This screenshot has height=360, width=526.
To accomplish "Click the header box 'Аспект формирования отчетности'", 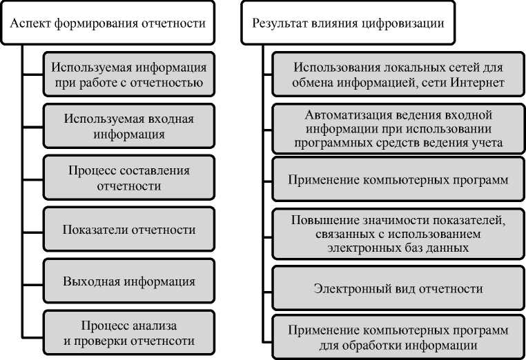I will click(109, 23).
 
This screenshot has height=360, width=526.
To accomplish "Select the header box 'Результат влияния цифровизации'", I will click(348, 23).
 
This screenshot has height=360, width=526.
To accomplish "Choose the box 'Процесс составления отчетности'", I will click(129, 178).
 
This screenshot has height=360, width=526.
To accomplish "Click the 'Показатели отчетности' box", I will click(129, 230).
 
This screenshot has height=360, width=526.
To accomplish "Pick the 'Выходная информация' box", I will click(129, 281).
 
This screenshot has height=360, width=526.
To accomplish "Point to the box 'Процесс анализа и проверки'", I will click(129, 332).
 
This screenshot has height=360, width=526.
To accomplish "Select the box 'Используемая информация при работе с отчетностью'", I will click(129, 75).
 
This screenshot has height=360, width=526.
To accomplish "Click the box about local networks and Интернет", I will click(398, 75).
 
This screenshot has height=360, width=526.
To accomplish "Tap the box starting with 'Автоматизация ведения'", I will click(398, 128).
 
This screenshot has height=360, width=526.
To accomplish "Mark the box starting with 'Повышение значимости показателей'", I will click(398, 232).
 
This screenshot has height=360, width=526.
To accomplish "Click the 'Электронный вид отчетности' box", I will click(398, 288).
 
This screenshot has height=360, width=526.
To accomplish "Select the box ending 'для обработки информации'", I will click(398, 337).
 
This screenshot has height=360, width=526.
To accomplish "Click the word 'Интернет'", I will click(479, 83).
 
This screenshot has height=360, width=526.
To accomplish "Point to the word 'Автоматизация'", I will click(341, 114).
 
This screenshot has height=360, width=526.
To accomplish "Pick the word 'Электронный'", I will click(351, 288).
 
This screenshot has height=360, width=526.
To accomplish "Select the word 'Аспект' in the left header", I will click(29, 23).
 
